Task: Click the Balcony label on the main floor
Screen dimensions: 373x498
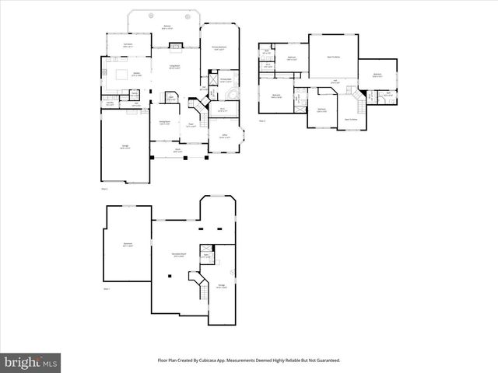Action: [x=167, y=27]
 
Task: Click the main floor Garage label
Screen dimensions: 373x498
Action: [x=124, y=146]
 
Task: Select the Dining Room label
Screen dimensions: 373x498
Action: [x=165, y=123]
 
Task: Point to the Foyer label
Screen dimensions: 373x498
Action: [x=190, y=124]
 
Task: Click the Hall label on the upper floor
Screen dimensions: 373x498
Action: [x=334, y=81]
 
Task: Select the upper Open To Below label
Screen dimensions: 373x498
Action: [x=333, y=58]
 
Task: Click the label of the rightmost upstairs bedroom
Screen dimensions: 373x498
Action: [x=377, y=75]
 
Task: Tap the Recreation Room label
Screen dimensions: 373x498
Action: [x=177, y=255]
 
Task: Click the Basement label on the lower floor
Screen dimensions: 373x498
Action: [x=127, y=245]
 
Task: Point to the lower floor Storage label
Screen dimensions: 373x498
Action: [x=220, y=284]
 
